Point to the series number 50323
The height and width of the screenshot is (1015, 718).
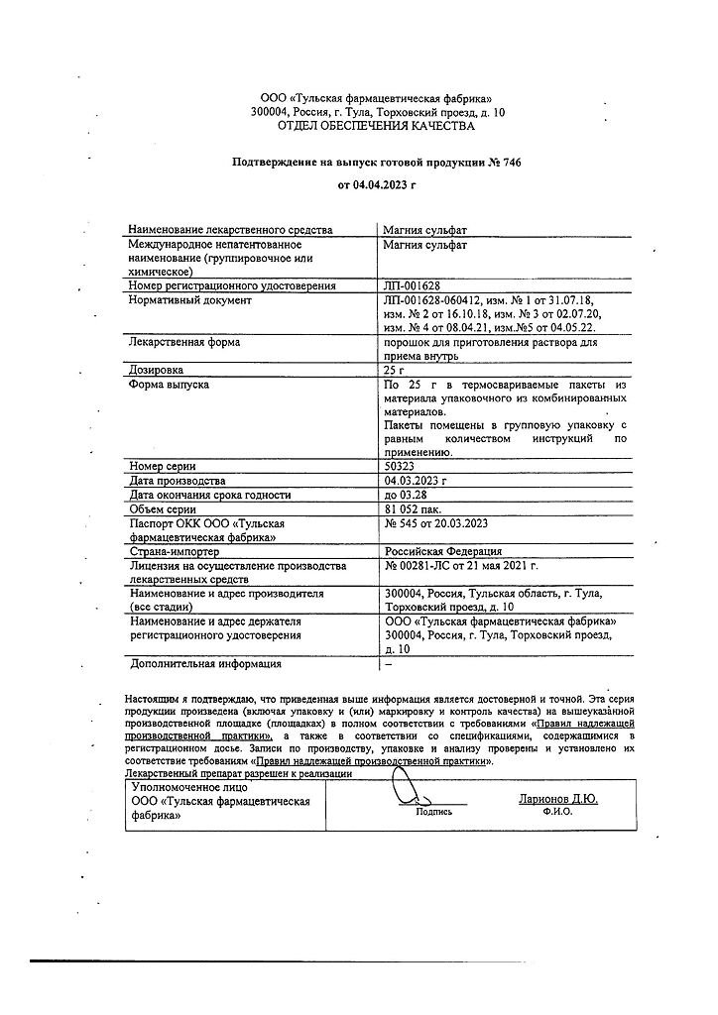(x=402, y=465)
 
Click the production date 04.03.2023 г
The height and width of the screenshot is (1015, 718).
(x=416, y=480)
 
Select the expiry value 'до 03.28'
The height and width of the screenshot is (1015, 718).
(x=409, y=495)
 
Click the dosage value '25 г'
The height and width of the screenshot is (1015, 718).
(x=395, y=370)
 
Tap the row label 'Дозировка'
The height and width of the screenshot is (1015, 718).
(x=157, y=370)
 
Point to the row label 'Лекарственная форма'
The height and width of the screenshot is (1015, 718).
(x=183, y=342)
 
